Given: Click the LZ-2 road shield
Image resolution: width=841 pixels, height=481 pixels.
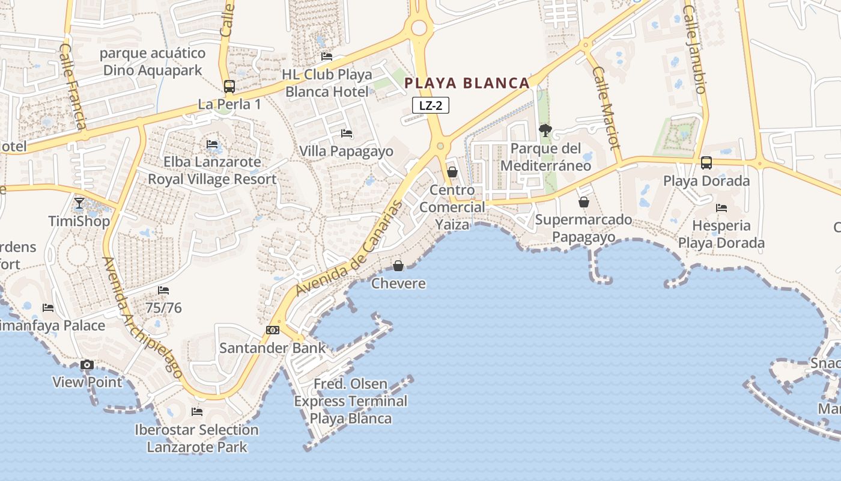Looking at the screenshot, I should click(x=431, y=106).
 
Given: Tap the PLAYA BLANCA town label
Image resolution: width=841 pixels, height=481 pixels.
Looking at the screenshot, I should click(x=467, y=83).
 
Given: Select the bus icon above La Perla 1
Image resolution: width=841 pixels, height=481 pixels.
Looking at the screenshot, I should click(x=229, y=87).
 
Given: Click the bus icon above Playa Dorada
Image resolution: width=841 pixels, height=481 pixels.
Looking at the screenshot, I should click(x=706, y=163).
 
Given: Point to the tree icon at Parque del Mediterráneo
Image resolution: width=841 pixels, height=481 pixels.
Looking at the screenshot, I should click(x=545, y=130).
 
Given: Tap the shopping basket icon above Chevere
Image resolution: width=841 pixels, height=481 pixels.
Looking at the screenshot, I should click(x=398, y=266).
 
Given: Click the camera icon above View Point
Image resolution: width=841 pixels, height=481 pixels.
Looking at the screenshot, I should click(x=87, y=365).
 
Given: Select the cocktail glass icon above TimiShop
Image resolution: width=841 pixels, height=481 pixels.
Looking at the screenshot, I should click(x=79, y=203).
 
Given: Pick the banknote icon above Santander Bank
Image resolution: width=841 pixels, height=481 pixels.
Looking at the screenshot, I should click(x=273, y=330).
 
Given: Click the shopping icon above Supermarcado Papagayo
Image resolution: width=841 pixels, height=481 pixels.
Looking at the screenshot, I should click(x=583, y=202).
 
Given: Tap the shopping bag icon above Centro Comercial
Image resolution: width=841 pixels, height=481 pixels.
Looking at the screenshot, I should click(x=452, y=173).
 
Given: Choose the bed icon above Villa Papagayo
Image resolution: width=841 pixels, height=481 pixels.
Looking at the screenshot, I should click(x=346, y=133).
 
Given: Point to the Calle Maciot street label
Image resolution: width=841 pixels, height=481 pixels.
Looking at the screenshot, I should click(x=606, y=108).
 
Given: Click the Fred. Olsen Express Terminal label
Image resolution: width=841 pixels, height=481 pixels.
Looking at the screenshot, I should click(x=351, y=401).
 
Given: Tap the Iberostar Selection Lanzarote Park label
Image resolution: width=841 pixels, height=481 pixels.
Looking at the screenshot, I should click(x=197, y=438).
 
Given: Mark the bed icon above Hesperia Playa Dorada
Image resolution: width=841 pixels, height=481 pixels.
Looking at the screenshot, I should click(x=721, y=208).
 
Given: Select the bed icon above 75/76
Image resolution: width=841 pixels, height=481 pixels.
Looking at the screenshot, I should click(x=163, y=290).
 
